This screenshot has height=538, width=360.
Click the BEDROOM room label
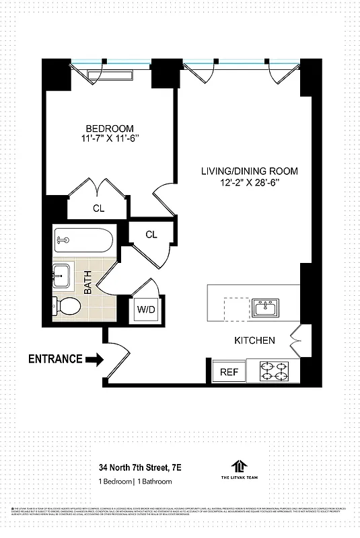[109, 128]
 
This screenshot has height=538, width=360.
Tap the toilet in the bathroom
[66, 307]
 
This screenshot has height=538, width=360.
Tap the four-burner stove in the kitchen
[276, 371]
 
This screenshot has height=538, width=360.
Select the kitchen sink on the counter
[271, 309]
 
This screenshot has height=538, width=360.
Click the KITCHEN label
[254, 340]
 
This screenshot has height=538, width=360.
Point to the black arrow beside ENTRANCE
[96, 360]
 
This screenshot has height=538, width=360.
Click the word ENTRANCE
[55, 359]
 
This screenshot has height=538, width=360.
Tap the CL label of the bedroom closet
[99, 208]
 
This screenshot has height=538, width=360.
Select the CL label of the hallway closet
[151, 234]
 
